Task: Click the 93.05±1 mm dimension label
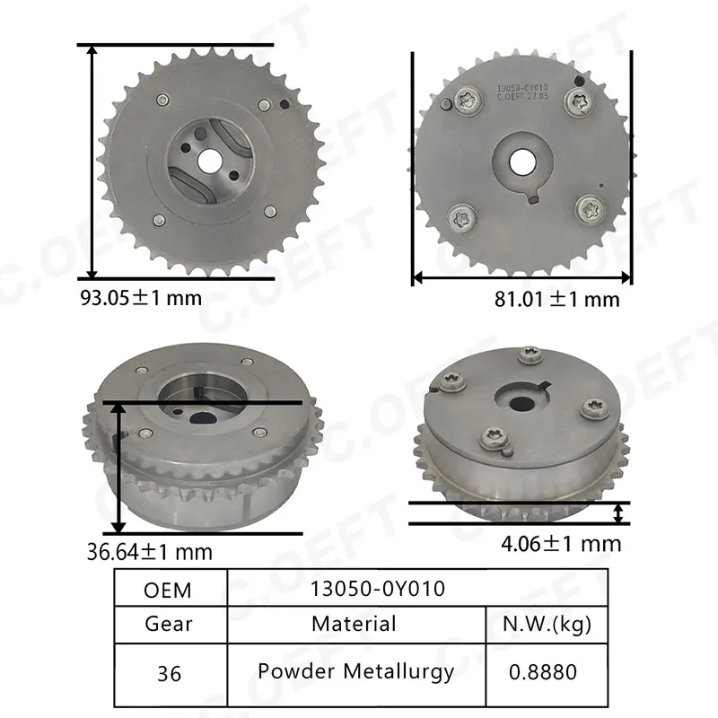pos(141,298)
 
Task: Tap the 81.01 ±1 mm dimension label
pos(556,300)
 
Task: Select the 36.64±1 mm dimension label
pos(150,552)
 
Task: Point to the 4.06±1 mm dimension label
pos(561,544)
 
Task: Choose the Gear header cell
pos(169,624)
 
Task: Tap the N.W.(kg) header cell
pos(547,624)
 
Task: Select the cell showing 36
pos(169,674)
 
